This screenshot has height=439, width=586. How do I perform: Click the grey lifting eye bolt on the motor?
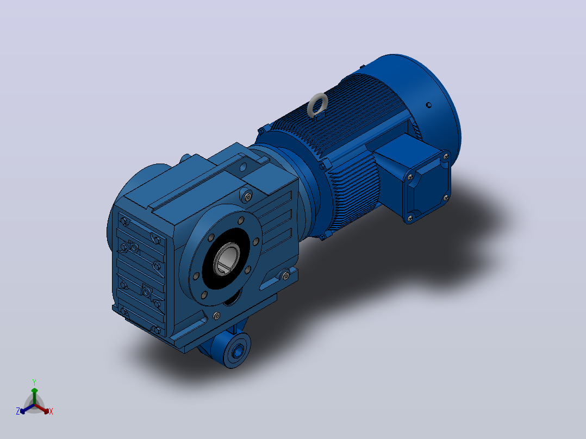click(317, 105)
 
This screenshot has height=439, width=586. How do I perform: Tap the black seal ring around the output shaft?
click(226, 259)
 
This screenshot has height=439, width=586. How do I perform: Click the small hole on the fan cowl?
click(429, 105)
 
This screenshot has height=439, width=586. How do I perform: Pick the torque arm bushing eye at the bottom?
click(238, 351)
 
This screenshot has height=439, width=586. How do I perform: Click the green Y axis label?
click(34, 382)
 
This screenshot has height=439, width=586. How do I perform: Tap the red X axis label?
click(51, 411)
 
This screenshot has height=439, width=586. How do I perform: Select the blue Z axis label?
click(18, 411)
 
